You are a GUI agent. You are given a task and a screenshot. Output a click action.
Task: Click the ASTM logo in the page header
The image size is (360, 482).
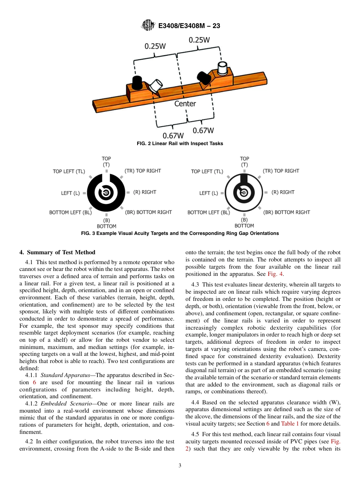pyautogui.click(x=148, y=25)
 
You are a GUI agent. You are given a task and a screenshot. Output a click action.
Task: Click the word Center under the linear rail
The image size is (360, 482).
pyautogui.click(x=185, y=103)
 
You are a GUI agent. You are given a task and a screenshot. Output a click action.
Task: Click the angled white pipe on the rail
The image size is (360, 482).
pyautogui.click(x=155, y=85)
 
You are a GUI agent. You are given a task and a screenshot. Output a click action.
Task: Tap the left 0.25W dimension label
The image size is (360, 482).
pyautogui.click(x=155, y=46)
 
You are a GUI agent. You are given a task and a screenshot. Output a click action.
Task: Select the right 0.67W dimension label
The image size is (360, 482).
pyautogui.click(x=203, y=130)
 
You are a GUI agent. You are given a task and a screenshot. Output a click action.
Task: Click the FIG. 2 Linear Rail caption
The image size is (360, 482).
pyautogui.click(x=180, y=144)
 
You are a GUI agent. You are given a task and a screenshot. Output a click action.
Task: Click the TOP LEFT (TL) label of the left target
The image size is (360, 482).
pyautogui.click(x=69, y=171)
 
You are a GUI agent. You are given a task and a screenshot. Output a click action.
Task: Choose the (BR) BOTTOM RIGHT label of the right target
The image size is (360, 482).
pyautogui.click(x=286, y=212)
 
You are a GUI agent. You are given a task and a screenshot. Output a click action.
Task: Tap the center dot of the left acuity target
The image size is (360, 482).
pyautogui.click(x=106, y=193)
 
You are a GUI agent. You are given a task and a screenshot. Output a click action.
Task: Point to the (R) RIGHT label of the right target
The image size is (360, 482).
pyautogui.click(x=283, y=192)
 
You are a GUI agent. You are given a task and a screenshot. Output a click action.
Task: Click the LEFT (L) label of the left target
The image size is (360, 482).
pyautogui.click(x=70, y=193)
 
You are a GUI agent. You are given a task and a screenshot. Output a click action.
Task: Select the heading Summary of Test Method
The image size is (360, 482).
pyautogui.click(x=57, y=252)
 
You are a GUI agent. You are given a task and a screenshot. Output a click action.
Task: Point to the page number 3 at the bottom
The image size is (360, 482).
pyautogui.click(x=180, y=465)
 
